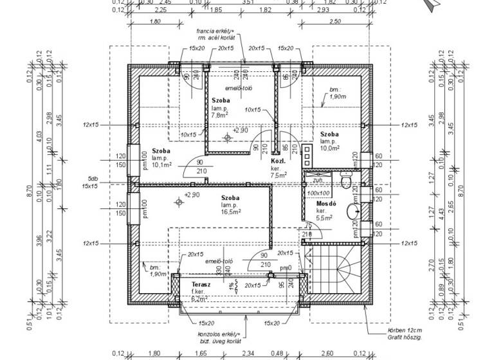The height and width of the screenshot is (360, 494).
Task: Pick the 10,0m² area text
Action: click(x=329, y=148)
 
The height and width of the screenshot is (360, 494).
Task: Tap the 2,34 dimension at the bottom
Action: click(x=248, y=353)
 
